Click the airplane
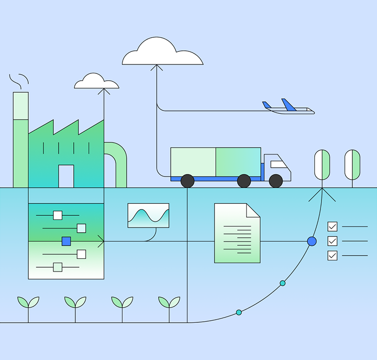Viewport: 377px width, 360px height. (x=289, y=107)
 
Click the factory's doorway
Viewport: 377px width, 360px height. (x=66, y=176)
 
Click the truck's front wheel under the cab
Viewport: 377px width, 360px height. (x=276, y=181)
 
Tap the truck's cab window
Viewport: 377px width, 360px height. (x=278, y=165)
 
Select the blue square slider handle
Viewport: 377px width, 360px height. (x=66, y=241)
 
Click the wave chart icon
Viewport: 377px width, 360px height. (x=148, y=215)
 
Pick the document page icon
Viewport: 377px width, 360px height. (x=237, y=233)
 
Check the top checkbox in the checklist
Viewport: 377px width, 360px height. (x=332, y=226)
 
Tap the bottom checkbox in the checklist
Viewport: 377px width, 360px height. (x=332, y=255)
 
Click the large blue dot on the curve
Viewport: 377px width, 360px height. (x=312, y=241)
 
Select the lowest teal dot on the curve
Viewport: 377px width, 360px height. (x=239, y=312)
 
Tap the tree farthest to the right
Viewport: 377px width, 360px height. (x=352, y=165)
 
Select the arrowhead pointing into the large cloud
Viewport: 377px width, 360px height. (x=157, y=67)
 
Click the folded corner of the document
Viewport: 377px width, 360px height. (x=253, y=210)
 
